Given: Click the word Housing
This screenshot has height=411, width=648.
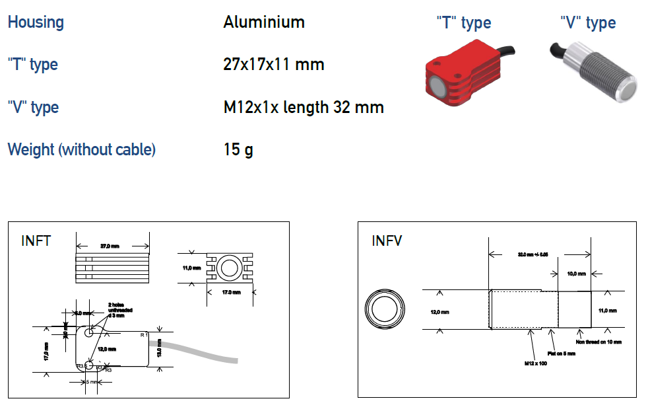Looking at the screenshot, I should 36,22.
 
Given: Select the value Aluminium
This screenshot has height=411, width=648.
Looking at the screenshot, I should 264,22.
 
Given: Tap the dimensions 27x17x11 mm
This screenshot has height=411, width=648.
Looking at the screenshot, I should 274,65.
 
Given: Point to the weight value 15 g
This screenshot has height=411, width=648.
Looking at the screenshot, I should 238,150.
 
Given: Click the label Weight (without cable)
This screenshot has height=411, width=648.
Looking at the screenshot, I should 82,150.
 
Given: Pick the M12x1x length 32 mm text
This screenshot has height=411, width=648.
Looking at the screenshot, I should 304,107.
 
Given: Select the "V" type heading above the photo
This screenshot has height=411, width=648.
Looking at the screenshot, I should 587,24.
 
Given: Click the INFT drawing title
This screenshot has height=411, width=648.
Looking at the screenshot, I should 36,241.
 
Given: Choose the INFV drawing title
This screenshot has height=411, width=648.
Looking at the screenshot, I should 387,241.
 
